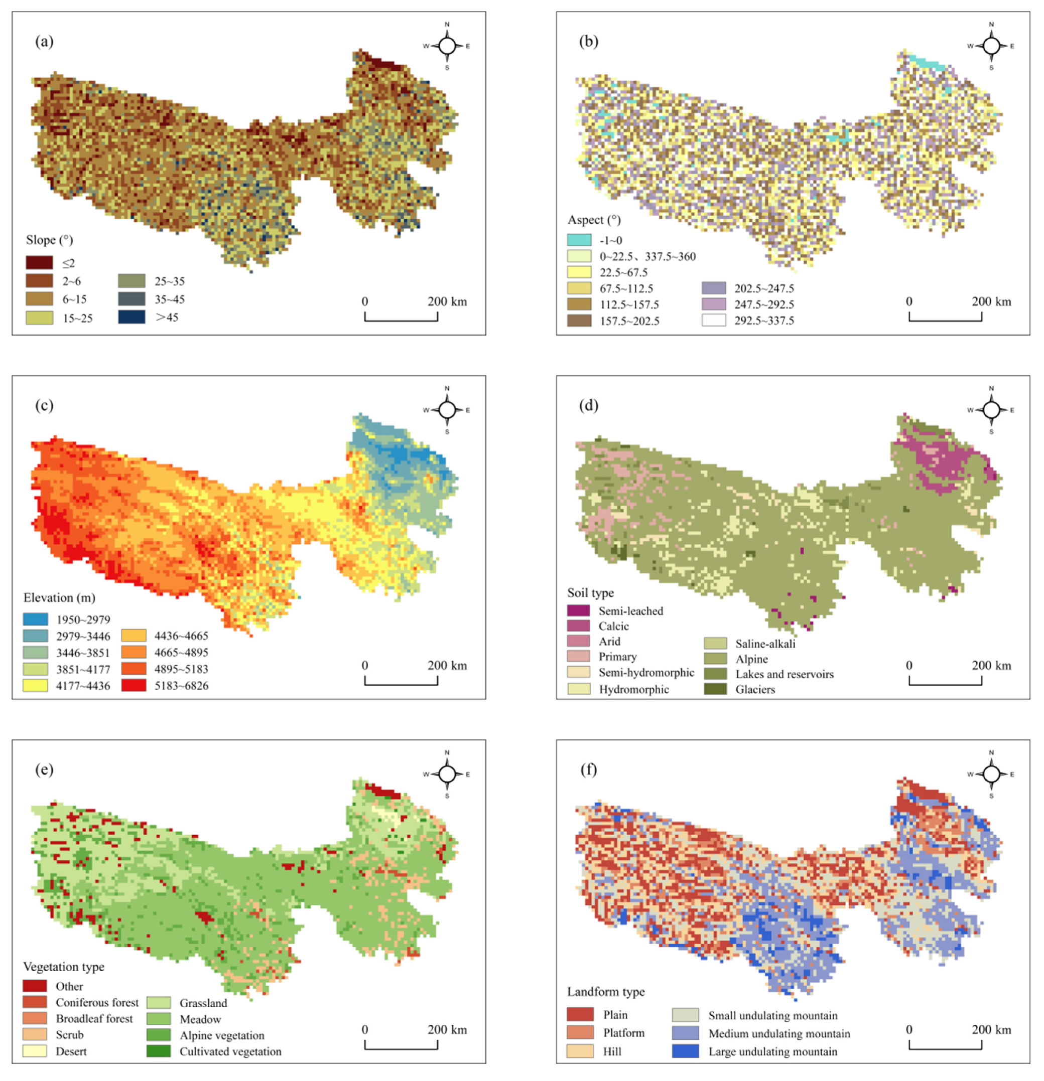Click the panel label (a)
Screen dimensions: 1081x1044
tap(44, 41)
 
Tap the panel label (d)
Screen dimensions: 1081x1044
tap(588, 405)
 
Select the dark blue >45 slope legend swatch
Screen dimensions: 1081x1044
tap(132, 317)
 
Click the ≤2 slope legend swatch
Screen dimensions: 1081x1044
tap(39, 262)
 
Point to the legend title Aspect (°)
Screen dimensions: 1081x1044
tap(594, 220)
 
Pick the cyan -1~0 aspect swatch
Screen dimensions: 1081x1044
tap(579, 240)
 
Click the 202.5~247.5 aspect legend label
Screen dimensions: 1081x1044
tap(764, 288)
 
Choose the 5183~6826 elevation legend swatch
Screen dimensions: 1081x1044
tap(134, 686)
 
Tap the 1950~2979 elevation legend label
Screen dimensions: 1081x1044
tap(83, 620)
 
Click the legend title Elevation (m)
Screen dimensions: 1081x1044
tap(59, 598)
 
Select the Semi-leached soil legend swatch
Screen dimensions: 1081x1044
tap(578, 610)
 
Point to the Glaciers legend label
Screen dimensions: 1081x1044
tap(755, 689)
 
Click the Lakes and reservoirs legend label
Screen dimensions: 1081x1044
tap(784, 674)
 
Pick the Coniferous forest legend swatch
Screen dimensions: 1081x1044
tap(34, 1002)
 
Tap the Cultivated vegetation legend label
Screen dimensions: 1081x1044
tap(230, 1051)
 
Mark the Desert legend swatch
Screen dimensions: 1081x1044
tap(34, 1051)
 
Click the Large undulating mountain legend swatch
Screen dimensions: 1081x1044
tap(685, 1051)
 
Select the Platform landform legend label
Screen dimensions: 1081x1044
tap(623, 1033)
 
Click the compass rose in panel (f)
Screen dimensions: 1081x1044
tap(991, 775)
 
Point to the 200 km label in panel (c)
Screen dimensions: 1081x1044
tap(447, 666)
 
